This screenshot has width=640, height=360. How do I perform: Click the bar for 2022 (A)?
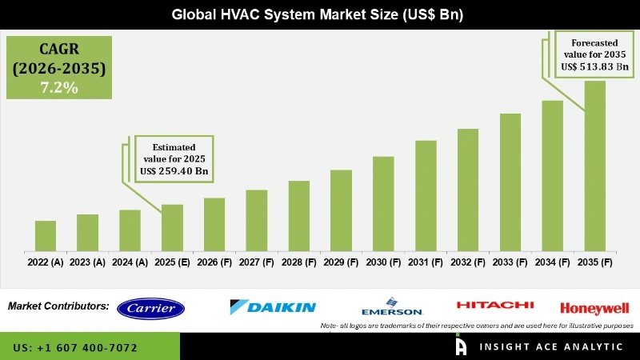tap(46, 234)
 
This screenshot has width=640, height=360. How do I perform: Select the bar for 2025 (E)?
tap(172, 226)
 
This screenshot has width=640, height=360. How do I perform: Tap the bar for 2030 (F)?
tap(383, 202)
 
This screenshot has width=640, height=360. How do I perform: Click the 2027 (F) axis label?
tap(257, 262)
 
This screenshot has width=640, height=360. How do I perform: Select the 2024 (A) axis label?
tap(130, 262)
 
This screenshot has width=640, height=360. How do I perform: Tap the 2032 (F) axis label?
tap(468, 262)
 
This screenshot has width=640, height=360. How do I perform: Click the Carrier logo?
tap(150, 308)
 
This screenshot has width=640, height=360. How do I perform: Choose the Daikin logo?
tap(273, 307)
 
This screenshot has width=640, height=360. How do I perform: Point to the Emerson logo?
tap(391, 308)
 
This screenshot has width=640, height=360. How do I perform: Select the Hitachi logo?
tap(494, 305)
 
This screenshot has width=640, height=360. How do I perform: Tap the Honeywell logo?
tap(594, 308)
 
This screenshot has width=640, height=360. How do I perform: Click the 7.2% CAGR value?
tap(59, 88)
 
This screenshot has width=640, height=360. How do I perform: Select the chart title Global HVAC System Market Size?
tap(320, 14)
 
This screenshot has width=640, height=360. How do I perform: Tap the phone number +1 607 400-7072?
tap(75, 348)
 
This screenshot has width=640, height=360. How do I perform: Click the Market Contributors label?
tap(58, 306)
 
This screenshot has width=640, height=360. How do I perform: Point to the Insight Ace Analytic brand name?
tap(551, 347)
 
